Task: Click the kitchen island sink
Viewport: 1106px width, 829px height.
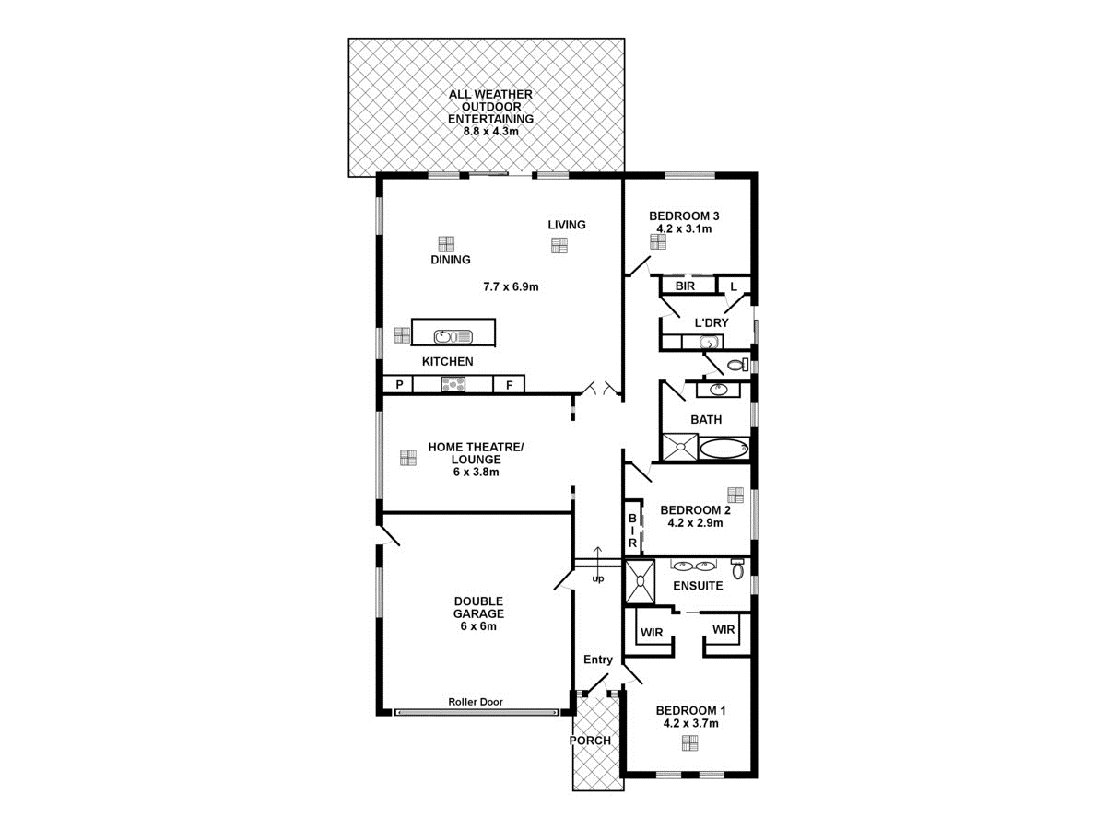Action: [x=453, y=336]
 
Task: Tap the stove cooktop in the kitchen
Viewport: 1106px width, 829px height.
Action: [x=453, y=384]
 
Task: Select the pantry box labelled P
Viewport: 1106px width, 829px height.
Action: [x=399, y=385]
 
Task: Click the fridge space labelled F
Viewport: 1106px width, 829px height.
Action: [x=509, y=385]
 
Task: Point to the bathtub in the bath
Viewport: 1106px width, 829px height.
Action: [x=724, y=450]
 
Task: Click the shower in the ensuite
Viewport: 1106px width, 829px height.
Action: [x=640, y=581]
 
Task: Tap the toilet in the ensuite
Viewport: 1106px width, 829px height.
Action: [x=737, y=568]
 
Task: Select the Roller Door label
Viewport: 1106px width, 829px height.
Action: [x=476, y=702]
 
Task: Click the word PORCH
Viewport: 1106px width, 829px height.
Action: [x=590, y=741]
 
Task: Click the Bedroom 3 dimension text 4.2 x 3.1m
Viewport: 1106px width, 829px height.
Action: [x=684, y=229]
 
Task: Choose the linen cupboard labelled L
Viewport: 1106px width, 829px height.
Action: [x=734, y=287]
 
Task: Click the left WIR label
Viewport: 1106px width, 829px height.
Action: [x=651, y=632]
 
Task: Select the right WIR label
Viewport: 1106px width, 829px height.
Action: [x=724, y=630]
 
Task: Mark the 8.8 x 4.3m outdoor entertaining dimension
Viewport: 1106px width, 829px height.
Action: [x=491, y=131]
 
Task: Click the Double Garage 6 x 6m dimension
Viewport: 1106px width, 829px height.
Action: [x=477, y=626]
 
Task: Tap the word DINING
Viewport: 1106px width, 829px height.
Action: [x=450, y=260]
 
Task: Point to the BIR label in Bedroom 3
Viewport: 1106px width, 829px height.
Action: [x=685, y=287]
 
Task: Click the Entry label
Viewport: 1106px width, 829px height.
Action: [x=598, y=660]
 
